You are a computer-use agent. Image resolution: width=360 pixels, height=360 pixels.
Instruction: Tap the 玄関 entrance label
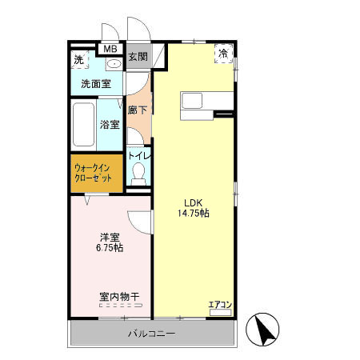[138, 57]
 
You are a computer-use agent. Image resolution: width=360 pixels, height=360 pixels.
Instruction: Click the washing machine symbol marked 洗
[79, 60]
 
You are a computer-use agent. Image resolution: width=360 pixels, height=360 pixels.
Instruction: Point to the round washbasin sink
[113, 63]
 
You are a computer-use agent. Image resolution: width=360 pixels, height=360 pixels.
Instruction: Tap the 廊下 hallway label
[138, 109]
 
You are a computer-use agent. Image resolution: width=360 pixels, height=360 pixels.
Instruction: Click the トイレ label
[139, 156]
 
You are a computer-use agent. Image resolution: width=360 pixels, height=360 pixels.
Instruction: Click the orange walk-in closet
[96, 173]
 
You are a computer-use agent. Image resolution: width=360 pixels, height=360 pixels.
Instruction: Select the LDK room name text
[193, 201]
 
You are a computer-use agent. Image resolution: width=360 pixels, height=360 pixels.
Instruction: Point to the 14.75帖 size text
[193, 214]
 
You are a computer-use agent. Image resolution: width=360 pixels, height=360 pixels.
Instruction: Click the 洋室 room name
[110, 236]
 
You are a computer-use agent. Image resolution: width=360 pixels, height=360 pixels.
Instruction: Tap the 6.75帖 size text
[110, 248]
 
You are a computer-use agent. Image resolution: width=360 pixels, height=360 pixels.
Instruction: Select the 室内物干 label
[119, 297]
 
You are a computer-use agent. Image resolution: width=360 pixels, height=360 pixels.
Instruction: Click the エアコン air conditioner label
[220, 304]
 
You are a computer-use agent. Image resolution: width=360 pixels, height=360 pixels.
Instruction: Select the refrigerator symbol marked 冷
[224, 52]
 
